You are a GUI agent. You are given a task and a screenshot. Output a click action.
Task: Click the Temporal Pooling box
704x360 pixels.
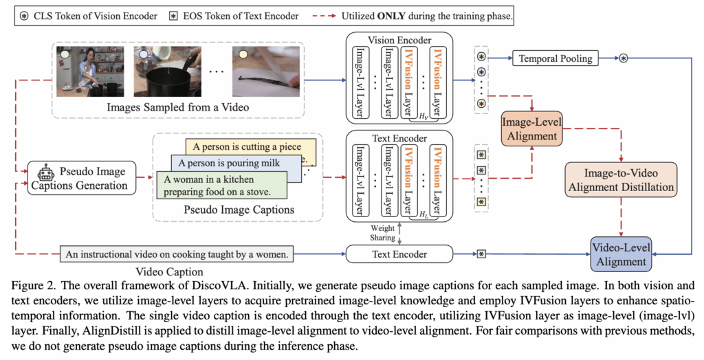(555, 58)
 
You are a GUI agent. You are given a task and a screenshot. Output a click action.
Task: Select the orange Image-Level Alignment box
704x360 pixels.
(531, 129)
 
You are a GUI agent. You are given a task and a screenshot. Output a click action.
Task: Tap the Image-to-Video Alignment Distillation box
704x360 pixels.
(621, 179)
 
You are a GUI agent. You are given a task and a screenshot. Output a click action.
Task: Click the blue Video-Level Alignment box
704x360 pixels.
(621, 254)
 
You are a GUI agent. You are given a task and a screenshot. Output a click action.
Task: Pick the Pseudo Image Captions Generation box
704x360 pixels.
(82, 178)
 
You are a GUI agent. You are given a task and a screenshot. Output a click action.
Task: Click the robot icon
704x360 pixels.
(46, 175)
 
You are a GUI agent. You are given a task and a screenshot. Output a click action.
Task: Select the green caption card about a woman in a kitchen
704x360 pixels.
(222, 185)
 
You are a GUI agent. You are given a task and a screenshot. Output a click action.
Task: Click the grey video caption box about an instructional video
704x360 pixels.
(177, 254)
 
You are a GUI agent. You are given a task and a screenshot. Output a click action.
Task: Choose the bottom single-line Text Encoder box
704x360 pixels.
(399, 254)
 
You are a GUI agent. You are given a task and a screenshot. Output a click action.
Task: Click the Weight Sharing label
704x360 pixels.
(382, 233)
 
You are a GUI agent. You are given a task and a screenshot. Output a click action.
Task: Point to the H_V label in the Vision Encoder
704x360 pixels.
(423, 116)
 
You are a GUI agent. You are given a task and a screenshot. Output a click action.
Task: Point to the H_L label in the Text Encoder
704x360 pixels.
(423, 214)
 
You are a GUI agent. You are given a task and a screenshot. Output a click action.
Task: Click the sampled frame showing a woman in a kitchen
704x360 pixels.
(90, 71)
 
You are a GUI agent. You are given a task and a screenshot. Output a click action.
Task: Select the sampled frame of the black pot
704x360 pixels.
(168, 71)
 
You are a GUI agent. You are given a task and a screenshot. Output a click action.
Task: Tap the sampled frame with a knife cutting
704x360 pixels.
(266, 71)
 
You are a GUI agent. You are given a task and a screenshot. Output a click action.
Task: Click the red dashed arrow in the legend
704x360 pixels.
(324, 16)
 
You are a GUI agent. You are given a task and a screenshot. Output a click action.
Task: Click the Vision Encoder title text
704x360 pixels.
(399, 41)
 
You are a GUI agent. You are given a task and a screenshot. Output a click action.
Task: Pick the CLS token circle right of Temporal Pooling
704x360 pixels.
(623, 58)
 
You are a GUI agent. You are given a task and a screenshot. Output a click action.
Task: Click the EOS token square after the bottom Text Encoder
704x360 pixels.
(481, 254)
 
